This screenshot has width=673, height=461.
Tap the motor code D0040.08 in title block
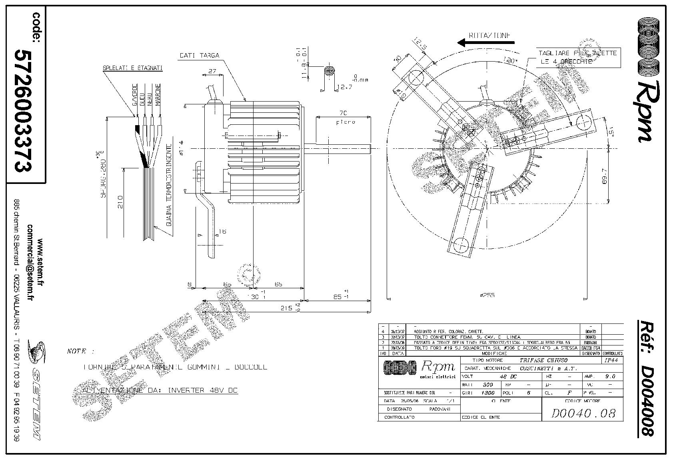(x=583, y=413)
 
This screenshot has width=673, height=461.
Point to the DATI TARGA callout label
(x=199, y=56)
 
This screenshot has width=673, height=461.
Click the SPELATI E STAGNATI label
(x=130, y=68)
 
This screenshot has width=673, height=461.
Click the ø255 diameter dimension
(x=487, y=295)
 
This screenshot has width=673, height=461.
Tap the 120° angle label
(x=508, y=61)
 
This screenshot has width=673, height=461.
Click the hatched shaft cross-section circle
(x=329, y=71)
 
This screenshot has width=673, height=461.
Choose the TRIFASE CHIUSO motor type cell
(x=543, y=360)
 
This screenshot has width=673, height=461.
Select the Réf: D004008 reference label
(x=645, y=378)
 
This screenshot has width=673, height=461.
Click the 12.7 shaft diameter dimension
(x=345, y=87)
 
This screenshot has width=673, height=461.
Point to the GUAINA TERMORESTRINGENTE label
(x=169, y=191)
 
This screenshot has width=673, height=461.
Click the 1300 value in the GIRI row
(x=488, y=393)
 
